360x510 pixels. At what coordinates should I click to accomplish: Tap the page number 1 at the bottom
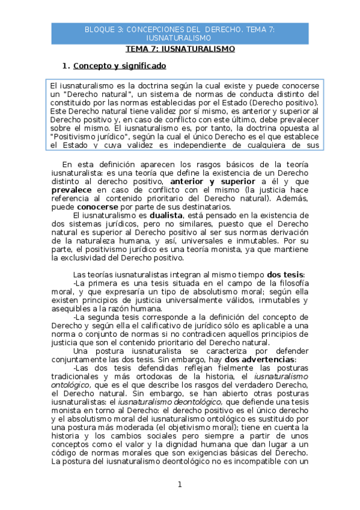(179, 484)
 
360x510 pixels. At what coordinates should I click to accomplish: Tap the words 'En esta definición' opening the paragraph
(96, 164)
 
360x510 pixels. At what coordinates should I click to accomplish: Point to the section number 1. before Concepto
(67, 66)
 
